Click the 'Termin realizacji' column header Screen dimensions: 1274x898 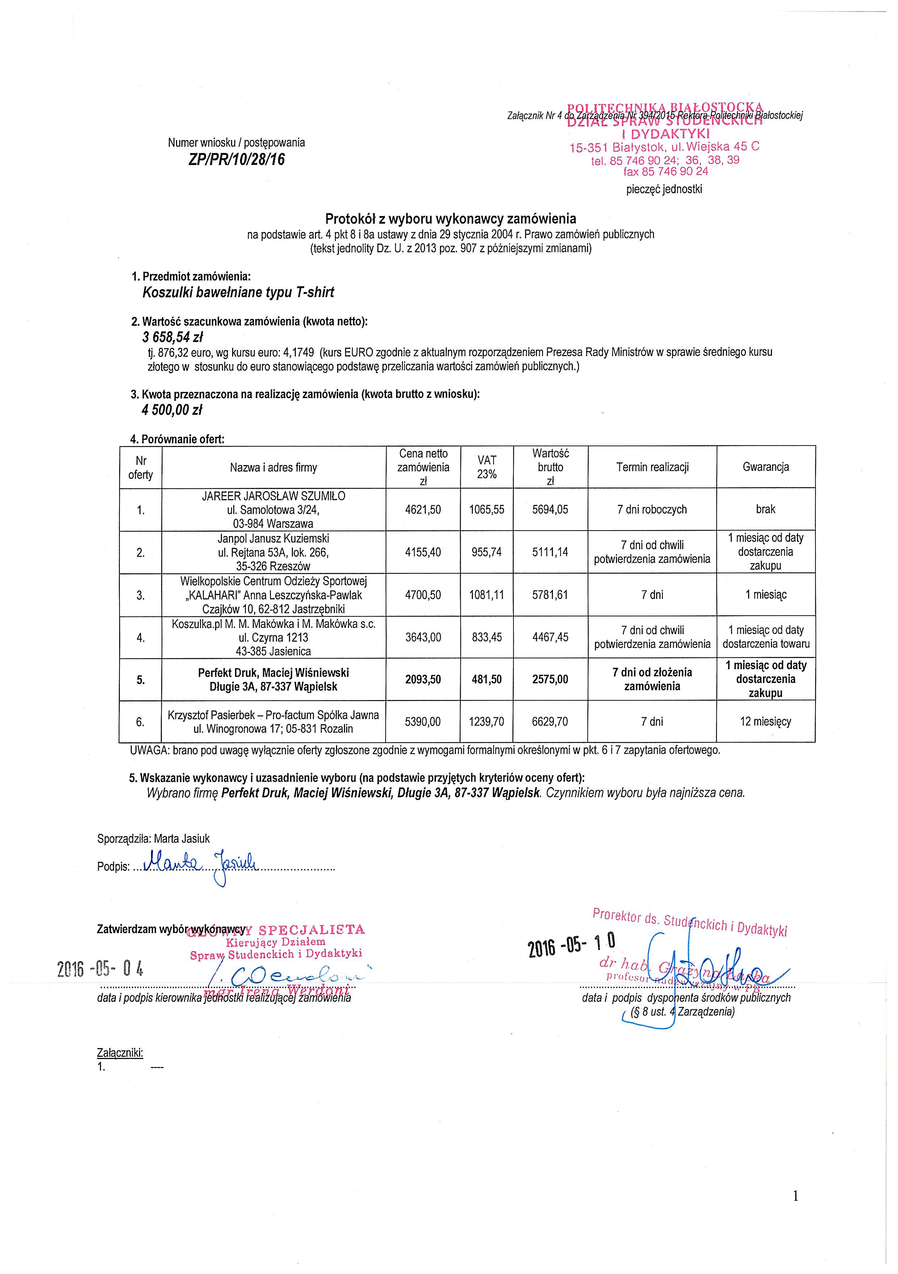coord(652,467)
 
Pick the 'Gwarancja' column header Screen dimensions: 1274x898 coord(765,467)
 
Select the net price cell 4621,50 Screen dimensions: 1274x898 coord(423,509)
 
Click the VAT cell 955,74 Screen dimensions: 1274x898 coord(487,552)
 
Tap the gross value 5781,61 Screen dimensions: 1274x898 coord(550,595)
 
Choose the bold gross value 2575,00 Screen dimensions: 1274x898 coord(550,679)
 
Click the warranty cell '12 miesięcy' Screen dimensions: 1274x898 coord(765,722)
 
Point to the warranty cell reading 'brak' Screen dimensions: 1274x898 coord(765,509)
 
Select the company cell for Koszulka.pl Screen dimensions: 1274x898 coord(274,638)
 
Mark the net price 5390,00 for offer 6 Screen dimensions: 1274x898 coord(423,722)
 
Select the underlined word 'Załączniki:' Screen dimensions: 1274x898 coord(120,1052)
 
